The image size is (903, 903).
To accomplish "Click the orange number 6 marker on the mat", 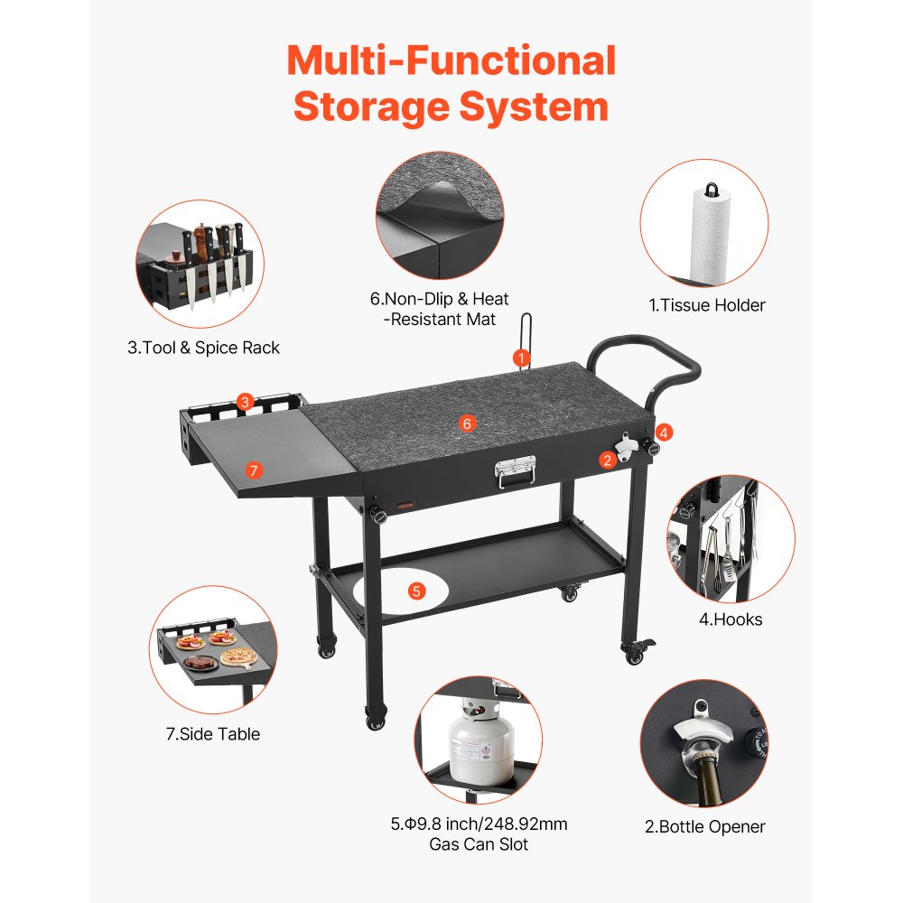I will pyautogui.click(x=466, y=423).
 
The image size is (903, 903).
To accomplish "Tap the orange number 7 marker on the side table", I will pyautogui.click(x=253, y=470).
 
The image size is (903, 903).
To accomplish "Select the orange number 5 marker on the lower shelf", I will pyautogui.click(x=416, y=591).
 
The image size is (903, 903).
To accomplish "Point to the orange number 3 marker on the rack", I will pyautogui.click(x=245, y=401).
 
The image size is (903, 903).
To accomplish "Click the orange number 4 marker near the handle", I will pyautogui.click(x=665, y=432).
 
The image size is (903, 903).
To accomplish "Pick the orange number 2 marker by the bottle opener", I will pyautogui.click(x=607, y=460).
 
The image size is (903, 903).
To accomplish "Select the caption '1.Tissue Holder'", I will pyautogui.click(x=707, y=305).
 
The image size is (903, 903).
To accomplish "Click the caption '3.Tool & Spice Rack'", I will pyautogui.click(x=204, y=348).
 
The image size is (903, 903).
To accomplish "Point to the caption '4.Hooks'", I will pyautogui.click(x=731, y=619).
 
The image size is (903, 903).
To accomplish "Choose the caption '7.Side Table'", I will pyautogui.click(x=212, y=734).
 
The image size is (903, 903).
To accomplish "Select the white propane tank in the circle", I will pyautogui.click(x=481, y=740).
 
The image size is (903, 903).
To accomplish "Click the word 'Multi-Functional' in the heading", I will pyautogui.click(x=451, y=61).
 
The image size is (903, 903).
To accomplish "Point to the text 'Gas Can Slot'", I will pyautogui.click(x=479, y=844).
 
